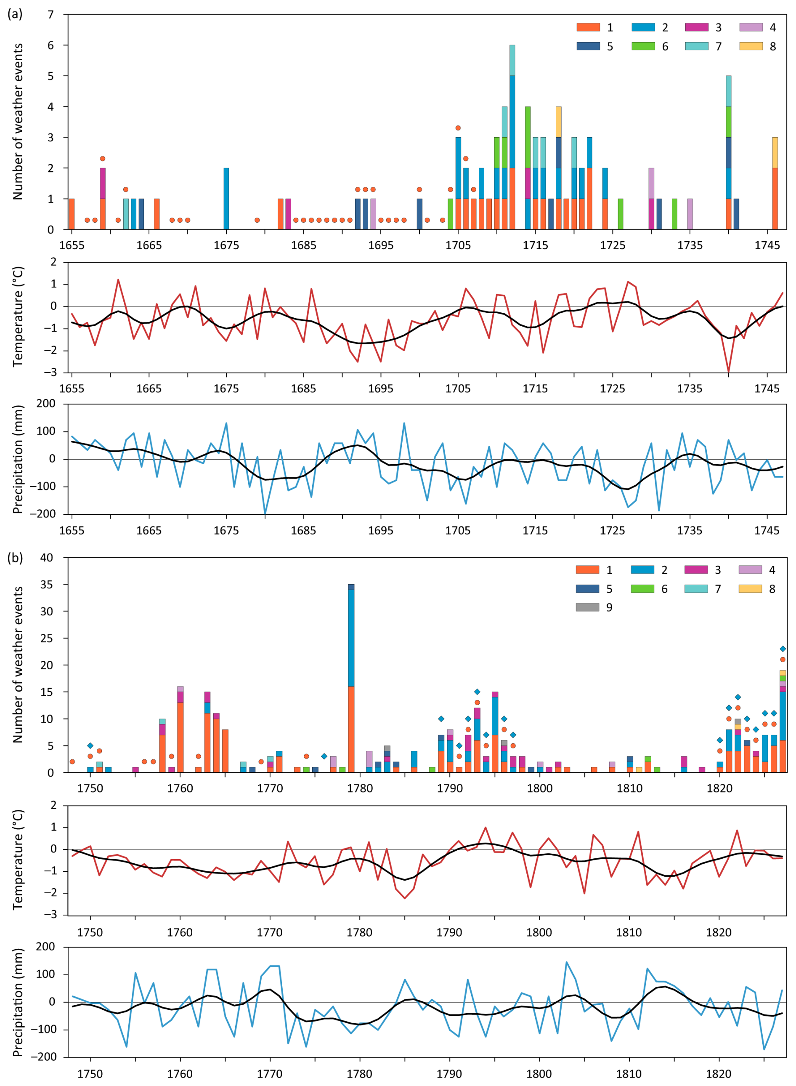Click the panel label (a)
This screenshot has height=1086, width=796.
14,14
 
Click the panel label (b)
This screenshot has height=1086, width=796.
14,558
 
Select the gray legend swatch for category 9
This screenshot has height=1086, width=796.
587,607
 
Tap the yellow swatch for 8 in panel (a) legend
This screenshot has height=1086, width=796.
751,46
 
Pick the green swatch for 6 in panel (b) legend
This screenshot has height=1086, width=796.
642,588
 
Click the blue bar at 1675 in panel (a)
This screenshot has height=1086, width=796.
226,199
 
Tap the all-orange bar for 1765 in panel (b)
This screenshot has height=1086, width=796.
225,751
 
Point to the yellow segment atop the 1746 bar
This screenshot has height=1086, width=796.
775,152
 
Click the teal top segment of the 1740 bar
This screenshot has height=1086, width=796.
729,90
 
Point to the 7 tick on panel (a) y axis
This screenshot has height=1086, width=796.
50,14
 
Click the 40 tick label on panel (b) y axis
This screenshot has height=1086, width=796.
47,558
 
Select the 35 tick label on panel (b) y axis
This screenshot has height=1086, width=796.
47,585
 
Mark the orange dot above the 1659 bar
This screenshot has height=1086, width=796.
103,159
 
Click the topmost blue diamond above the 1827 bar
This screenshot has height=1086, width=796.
783,649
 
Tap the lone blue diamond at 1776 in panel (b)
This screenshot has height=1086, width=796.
324,756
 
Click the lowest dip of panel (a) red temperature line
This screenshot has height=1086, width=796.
728,372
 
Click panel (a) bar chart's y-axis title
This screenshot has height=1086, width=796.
18,122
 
